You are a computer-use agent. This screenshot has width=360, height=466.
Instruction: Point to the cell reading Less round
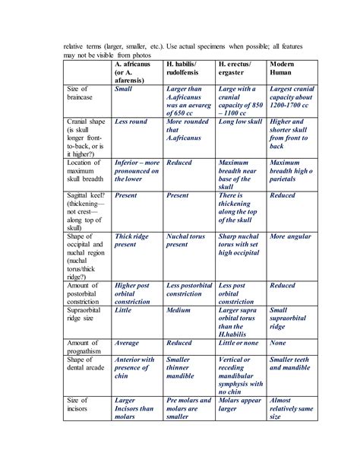[130, 122]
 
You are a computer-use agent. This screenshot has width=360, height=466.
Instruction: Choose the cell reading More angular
[290, 236]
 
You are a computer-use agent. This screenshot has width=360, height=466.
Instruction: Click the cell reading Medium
[178, 310]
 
